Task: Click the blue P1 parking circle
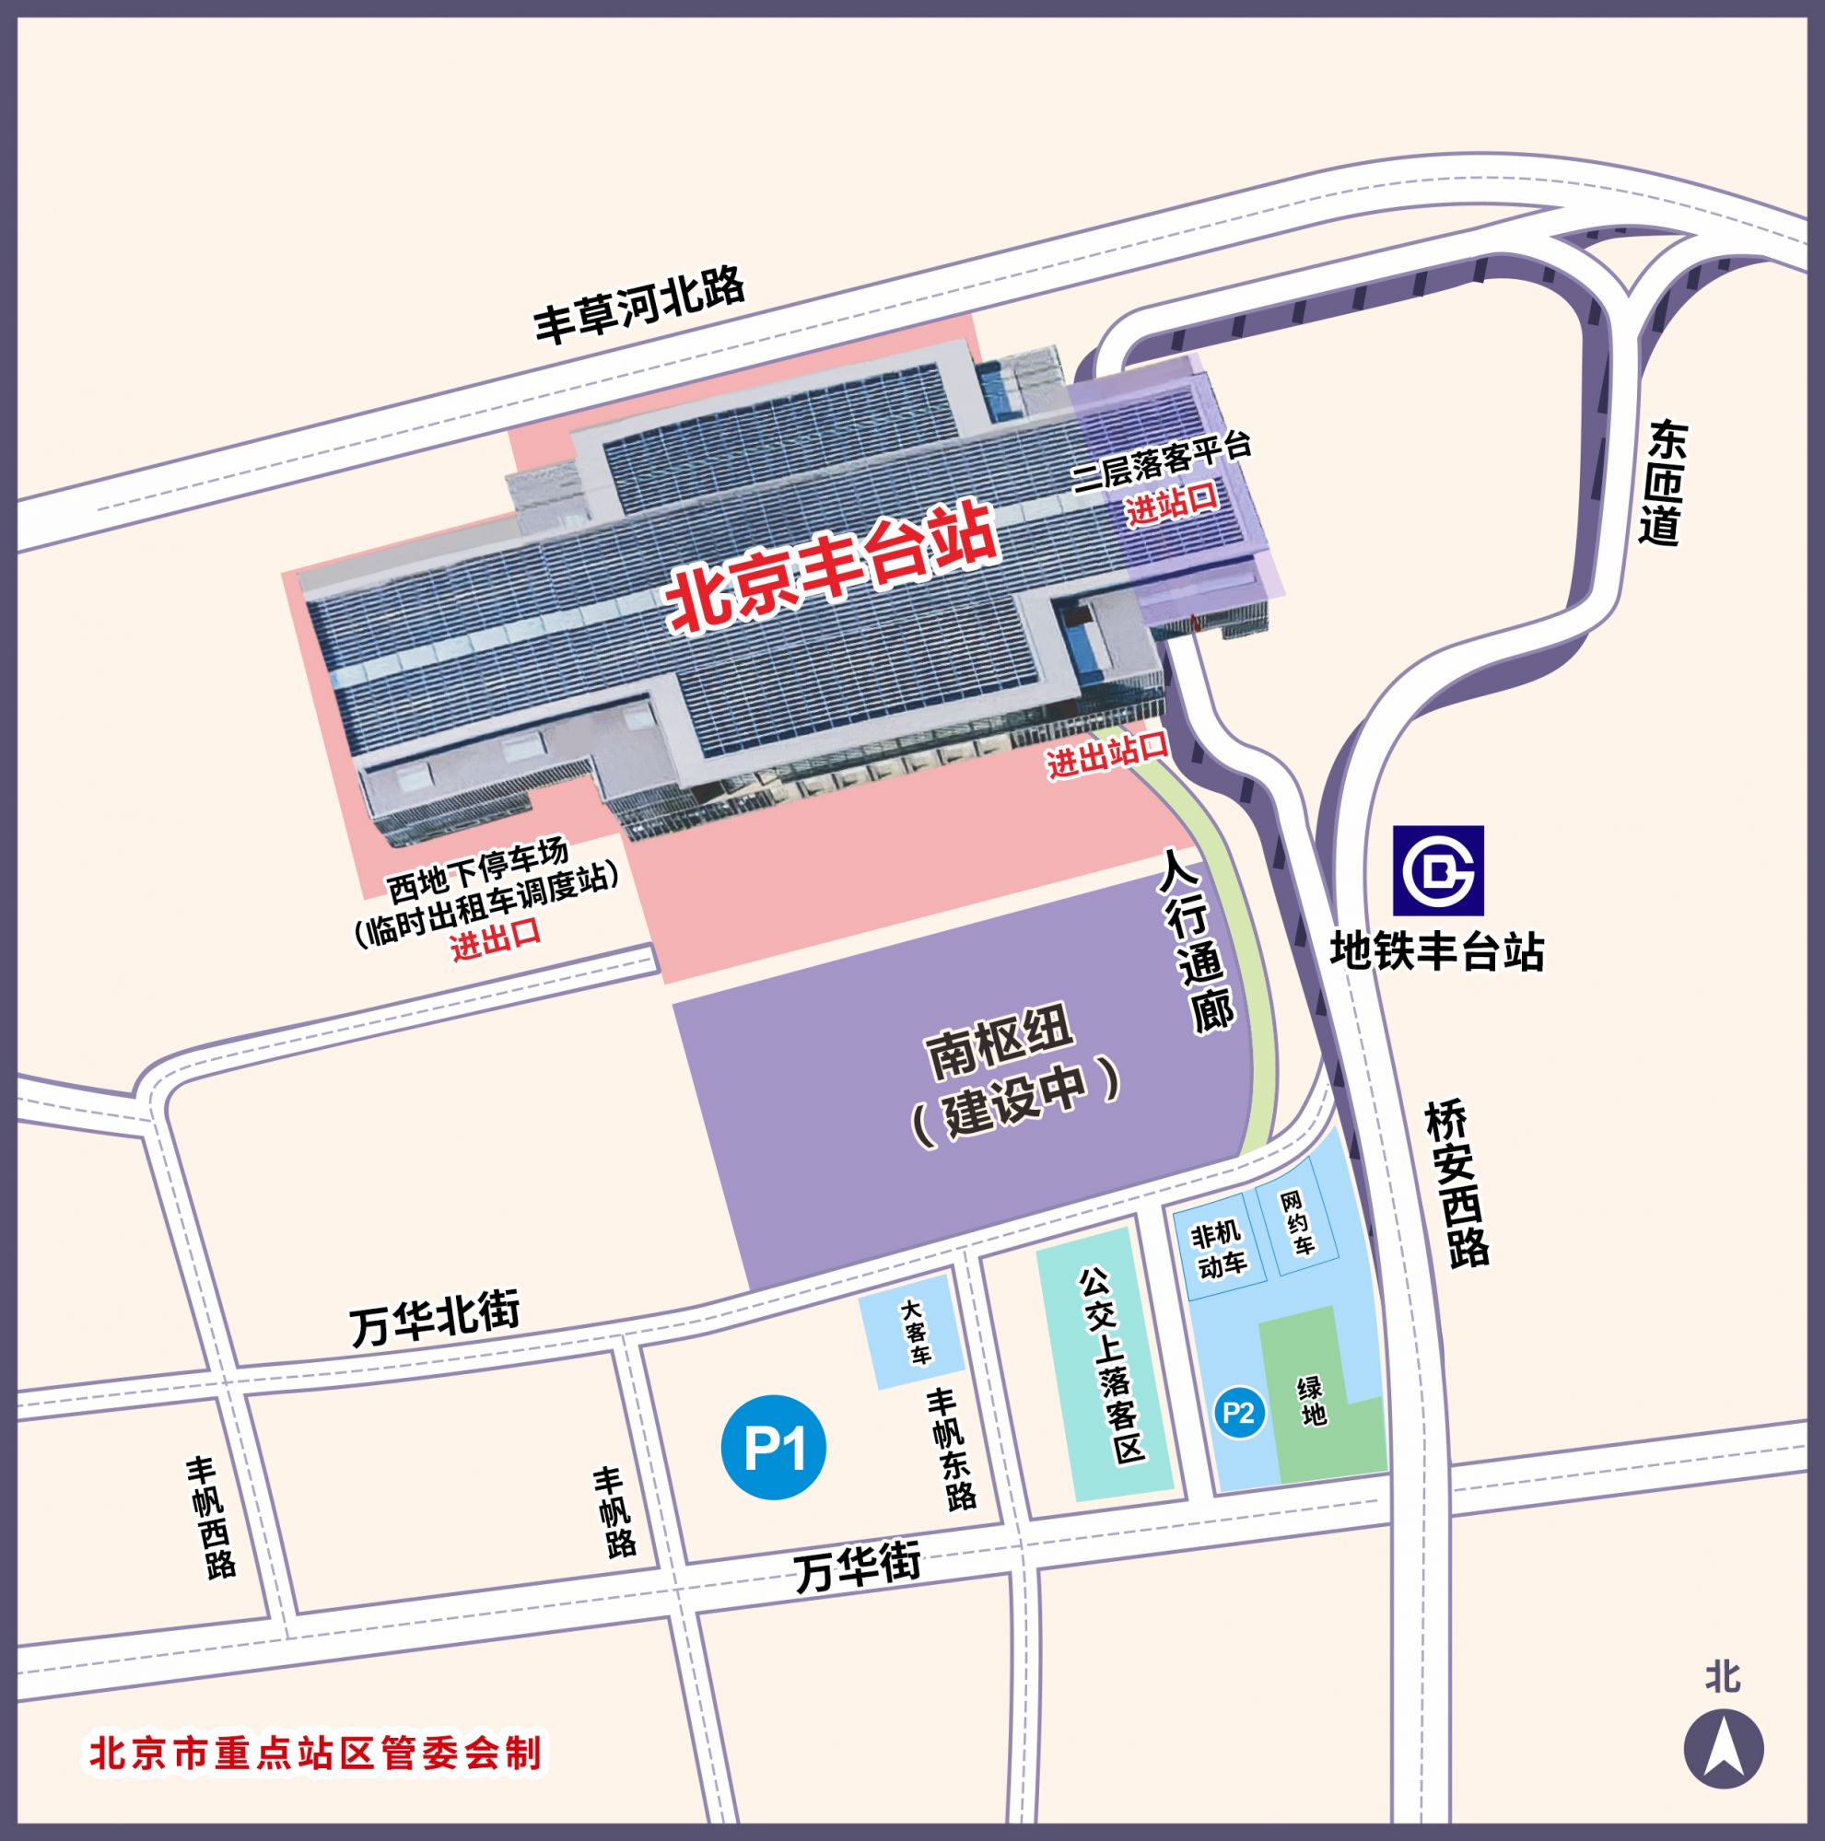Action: click(774, 1447)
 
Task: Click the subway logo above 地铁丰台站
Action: click(1438, 870)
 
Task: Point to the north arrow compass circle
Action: click(1723, 1749)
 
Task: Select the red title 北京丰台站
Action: click(832, 569)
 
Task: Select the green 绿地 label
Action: click(1311, 1401)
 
